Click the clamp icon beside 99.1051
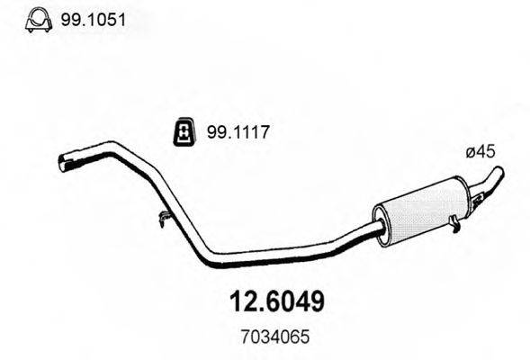coord(37,19)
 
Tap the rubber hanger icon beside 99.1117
coord(183,134)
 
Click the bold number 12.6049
coord(265,300)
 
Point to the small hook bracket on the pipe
coord(162,216)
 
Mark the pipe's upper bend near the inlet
coord(117,146)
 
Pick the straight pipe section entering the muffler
coord(351,238)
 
